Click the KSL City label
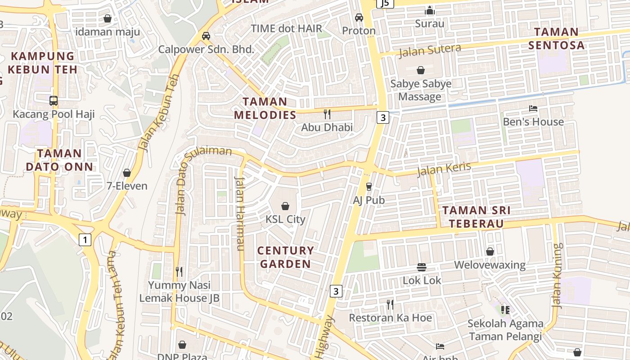[x=285, y=220]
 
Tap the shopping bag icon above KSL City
[x=285, y=206]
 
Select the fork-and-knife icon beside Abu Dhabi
[x=327, y=114]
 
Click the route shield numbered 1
[x=85, y=240]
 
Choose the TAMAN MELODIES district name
[x=265, y=108]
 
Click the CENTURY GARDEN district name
[x=285, y=257]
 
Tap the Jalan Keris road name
[x=444, y=169]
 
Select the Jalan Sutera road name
[x=430, y=50]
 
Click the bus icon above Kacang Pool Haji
[x=54, y=100]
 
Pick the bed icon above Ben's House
[x=533, y=108]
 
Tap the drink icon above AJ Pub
[x=369, y=186]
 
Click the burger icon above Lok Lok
[x=422, y=267]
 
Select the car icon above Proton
[x=359, y=18]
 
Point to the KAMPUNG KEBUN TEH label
[x=42, y=63]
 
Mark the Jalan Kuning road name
[x=558, y=275]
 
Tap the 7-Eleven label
[x=127, y=186]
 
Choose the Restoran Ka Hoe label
[x=390, y=318]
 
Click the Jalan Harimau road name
[x=239, y=214]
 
